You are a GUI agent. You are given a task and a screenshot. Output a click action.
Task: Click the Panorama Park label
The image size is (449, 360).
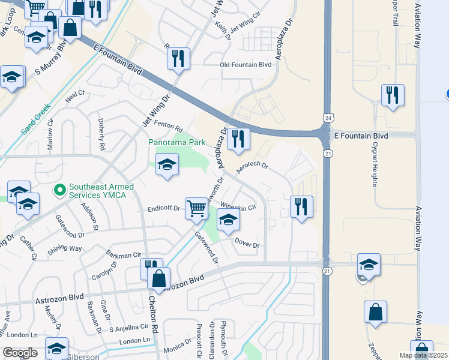(x=177, y=143)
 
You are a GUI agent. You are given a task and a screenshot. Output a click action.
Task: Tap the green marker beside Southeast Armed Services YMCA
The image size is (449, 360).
(x=59, y=191)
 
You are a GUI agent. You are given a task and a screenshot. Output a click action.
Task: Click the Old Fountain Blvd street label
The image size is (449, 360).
(x=246, y=65)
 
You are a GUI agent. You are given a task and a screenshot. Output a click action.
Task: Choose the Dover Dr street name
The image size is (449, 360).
(x=247, y=245)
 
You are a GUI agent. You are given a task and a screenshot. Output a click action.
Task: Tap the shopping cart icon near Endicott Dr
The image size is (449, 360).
(x=196, y=208)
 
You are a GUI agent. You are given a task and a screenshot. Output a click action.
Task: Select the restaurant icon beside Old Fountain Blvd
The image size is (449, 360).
(x=178, y=58)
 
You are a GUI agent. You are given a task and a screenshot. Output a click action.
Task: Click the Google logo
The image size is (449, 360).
(x=20, y=353)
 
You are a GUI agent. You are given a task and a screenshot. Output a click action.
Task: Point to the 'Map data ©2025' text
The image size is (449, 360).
(x=423, y=355)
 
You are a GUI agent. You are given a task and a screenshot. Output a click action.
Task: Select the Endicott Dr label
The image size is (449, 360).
(x=164, y=209)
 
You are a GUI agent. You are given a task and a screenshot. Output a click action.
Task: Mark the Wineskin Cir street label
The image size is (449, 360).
(x=238, y=207)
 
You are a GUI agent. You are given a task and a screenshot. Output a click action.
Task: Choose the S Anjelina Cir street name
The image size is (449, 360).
(x=128, y=327)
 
